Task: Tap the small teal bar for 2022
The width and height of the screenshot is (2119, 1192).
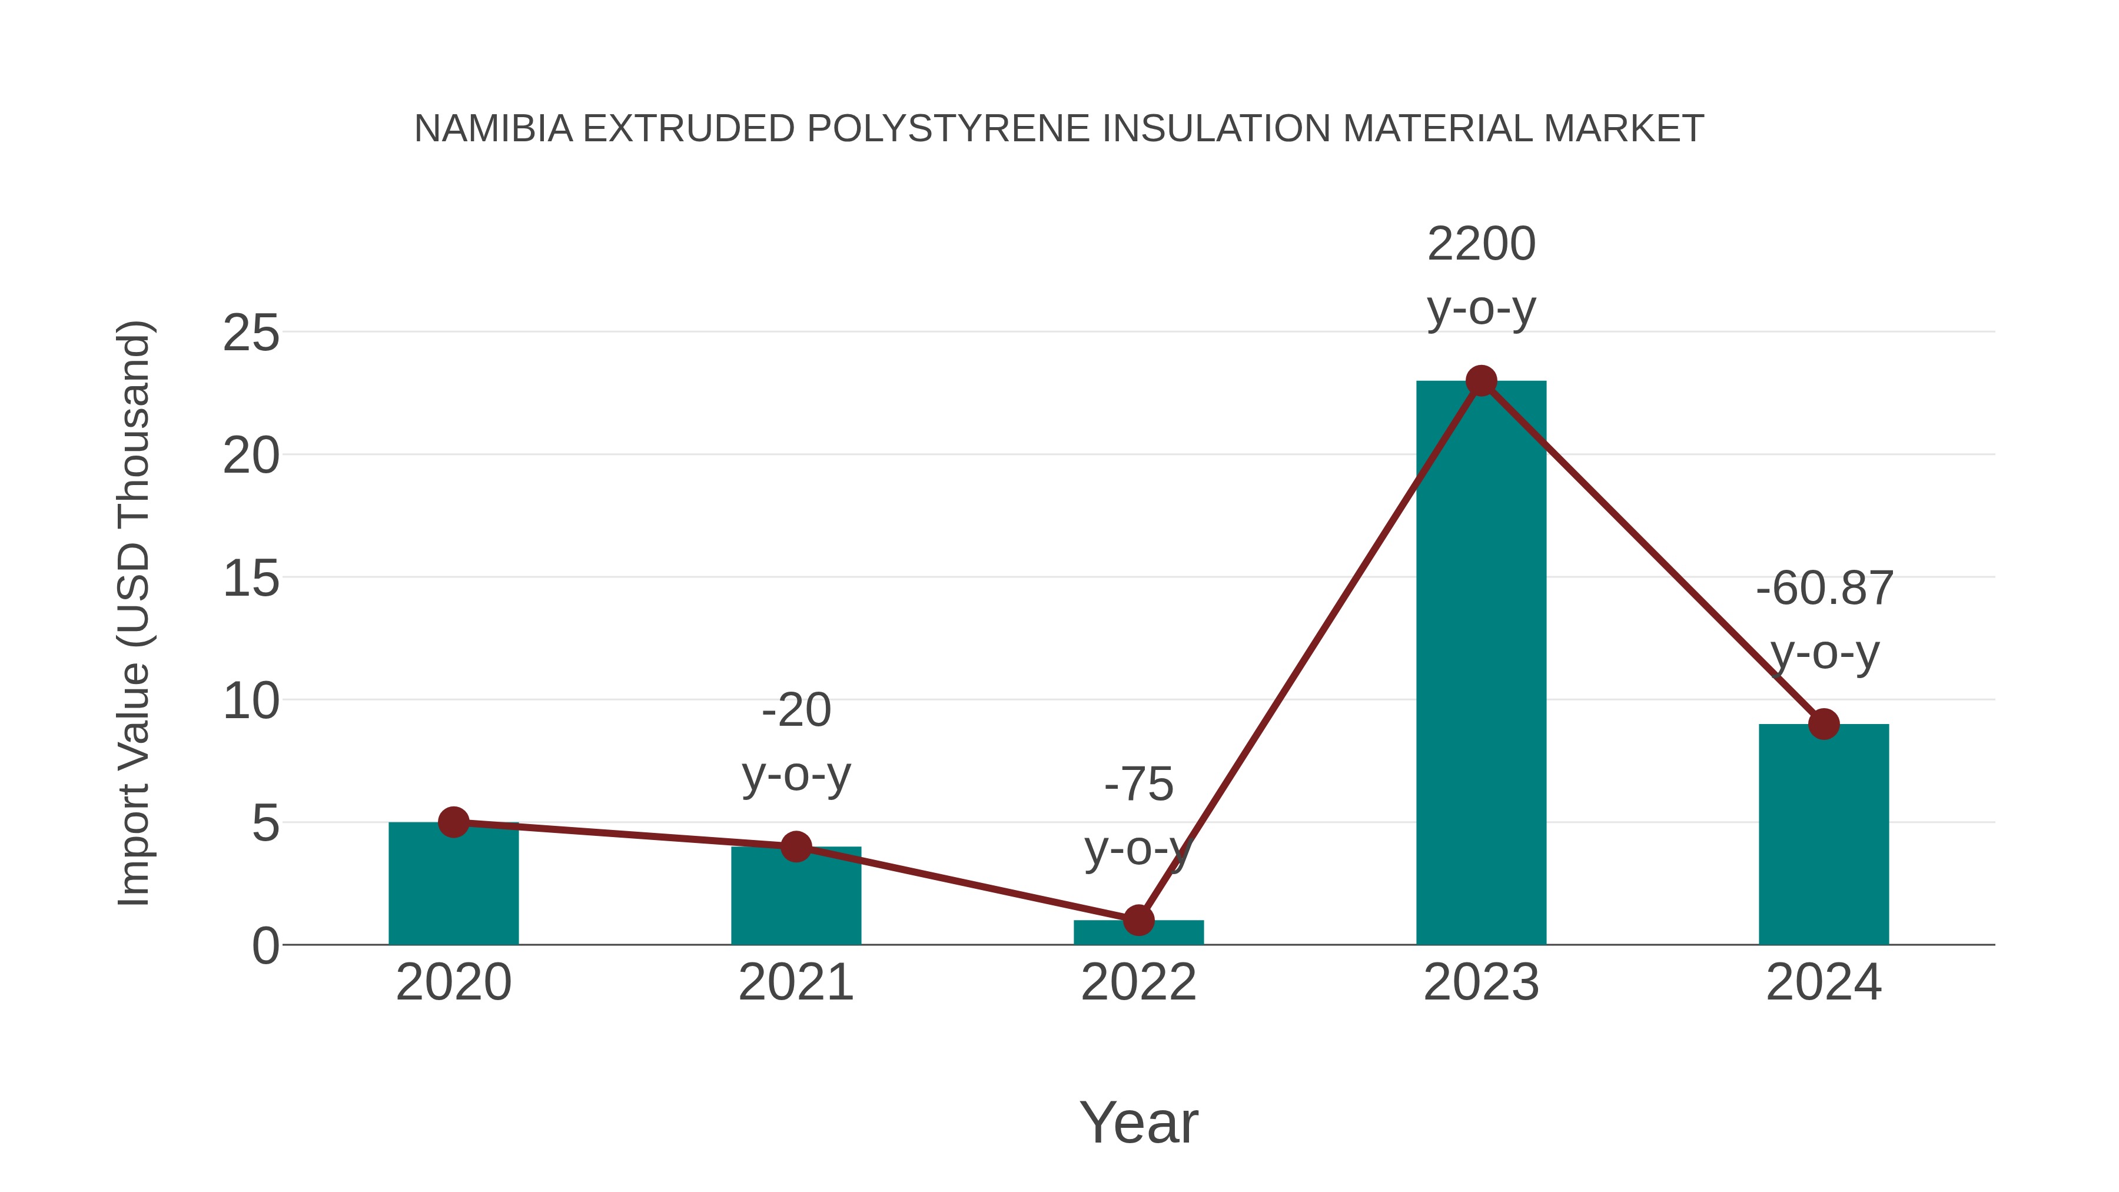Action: click(1138, 934)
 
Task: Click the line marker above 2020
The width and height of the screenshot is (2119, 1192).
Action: click(453, 822)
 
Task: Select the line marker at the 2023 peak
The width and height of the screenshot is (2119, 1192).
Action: click(1481, 381)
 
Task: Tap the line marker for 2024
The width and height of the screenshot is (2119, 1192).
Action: click(1824, 724)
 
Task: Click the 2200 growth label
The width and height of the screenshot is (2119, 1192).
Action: click(1481, 244)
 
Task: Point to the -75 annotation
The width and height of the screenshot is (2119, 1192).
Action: click(1138, 784)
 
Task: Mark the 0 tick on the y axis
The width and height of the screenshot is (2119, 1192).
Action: click(265, 946)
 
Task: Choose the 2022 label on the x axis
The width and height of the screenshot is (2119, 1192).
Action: click(1138, 982)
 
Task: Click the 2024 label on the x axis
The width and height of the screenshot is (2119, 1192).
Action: click(1824, 982)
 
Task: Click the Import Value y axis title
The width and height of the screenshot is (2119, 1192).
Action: click(133, 613)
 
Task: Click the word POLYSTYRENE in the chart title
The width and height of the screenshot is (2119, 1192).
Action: click(948, 128)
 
